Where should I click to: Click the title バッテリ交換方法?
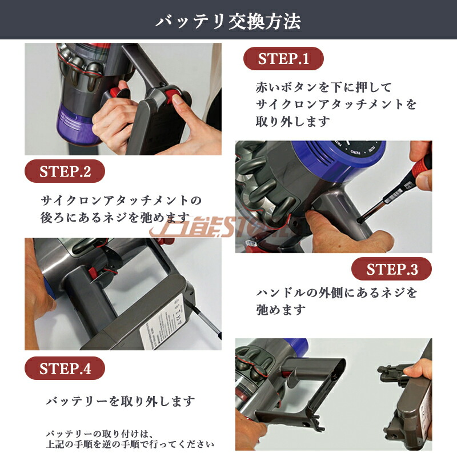coord(228,21)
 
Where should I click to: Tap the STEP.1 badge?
coord(283,58)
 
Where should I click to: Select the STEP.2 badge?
coord(65,171)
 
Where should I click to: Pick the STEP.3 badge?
coord(391,269)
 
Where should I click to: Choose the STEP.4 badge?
coord(65,368)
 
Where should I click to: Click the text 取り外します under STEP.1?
coord(292,122)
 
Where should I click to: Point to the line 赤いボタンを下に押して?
coord(323,87)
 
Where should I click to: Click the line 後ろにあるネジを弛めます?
coord(115,218)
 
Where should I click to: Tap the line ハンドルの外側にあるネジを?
coord(336,293)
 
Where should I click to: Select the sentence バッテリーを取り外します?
coord(121,401)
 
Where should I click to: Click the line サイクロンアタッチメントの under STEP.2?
coord(122,201)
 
